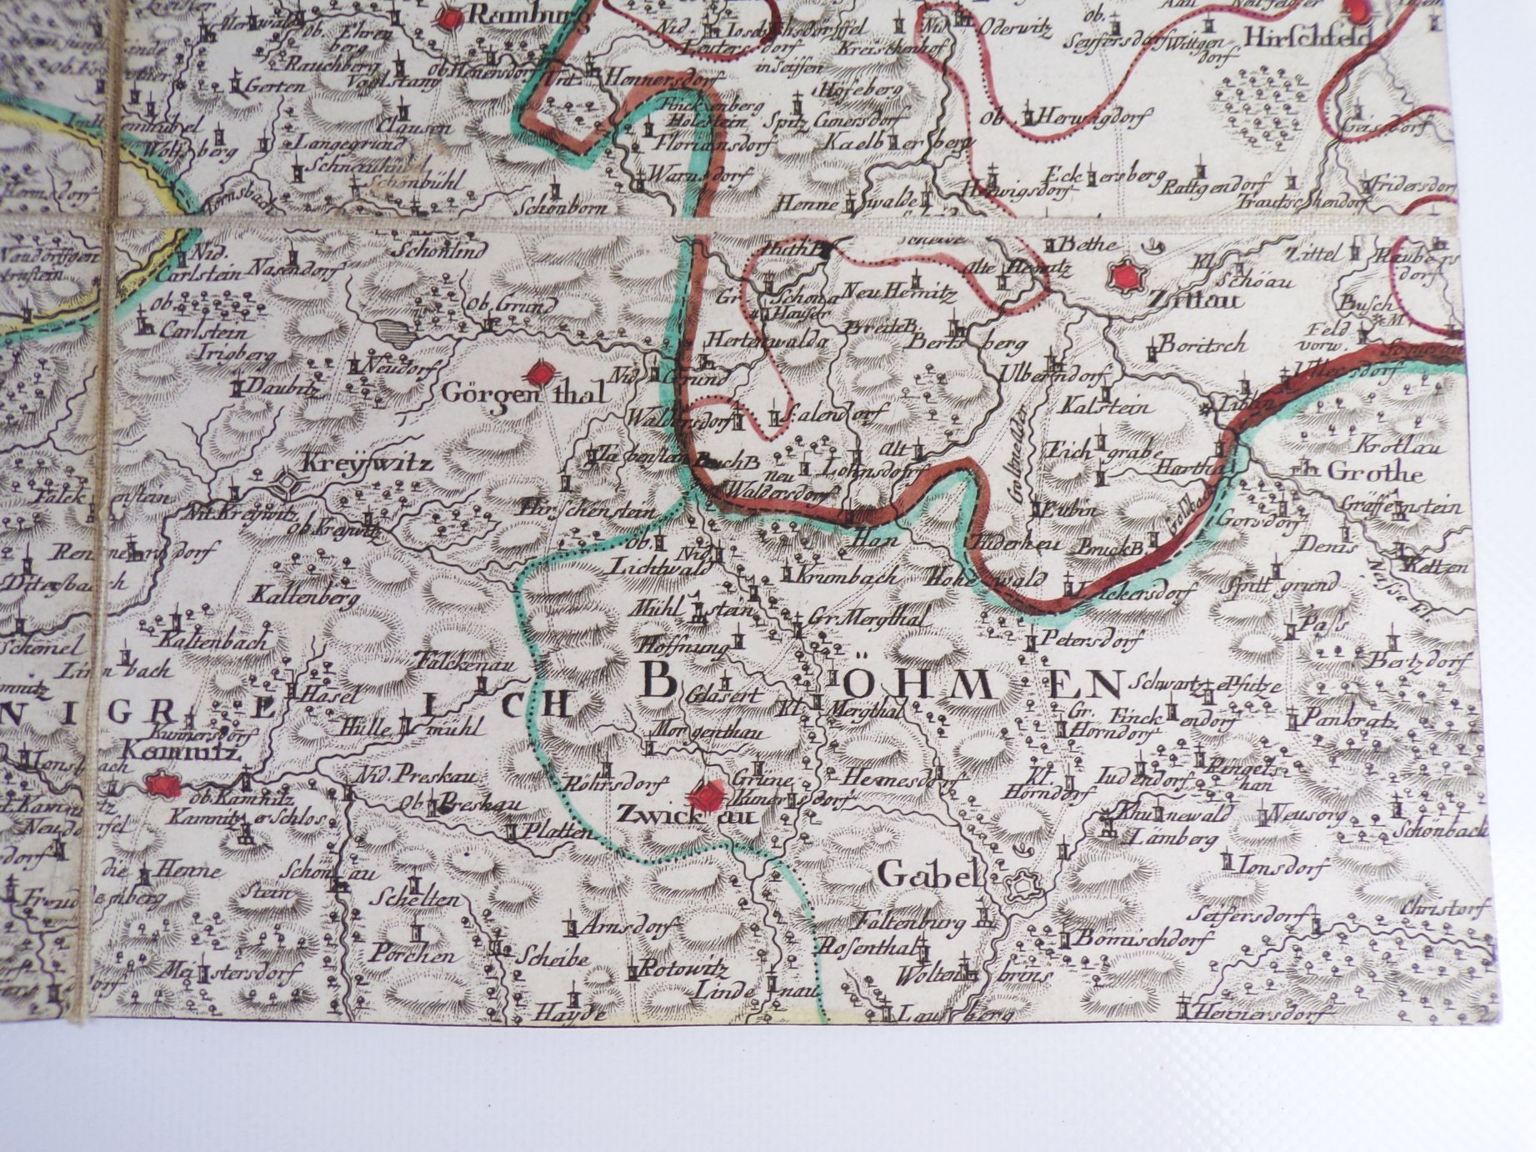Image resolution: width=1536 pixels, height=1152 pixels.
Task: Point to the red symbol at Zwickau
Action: coord(709,793)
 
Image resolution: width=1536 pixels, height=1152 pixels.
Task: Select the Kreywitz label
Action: coord(366,463)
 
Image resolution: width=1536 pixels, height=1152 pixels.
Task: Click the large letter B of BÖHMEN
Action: coord(658,683)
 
